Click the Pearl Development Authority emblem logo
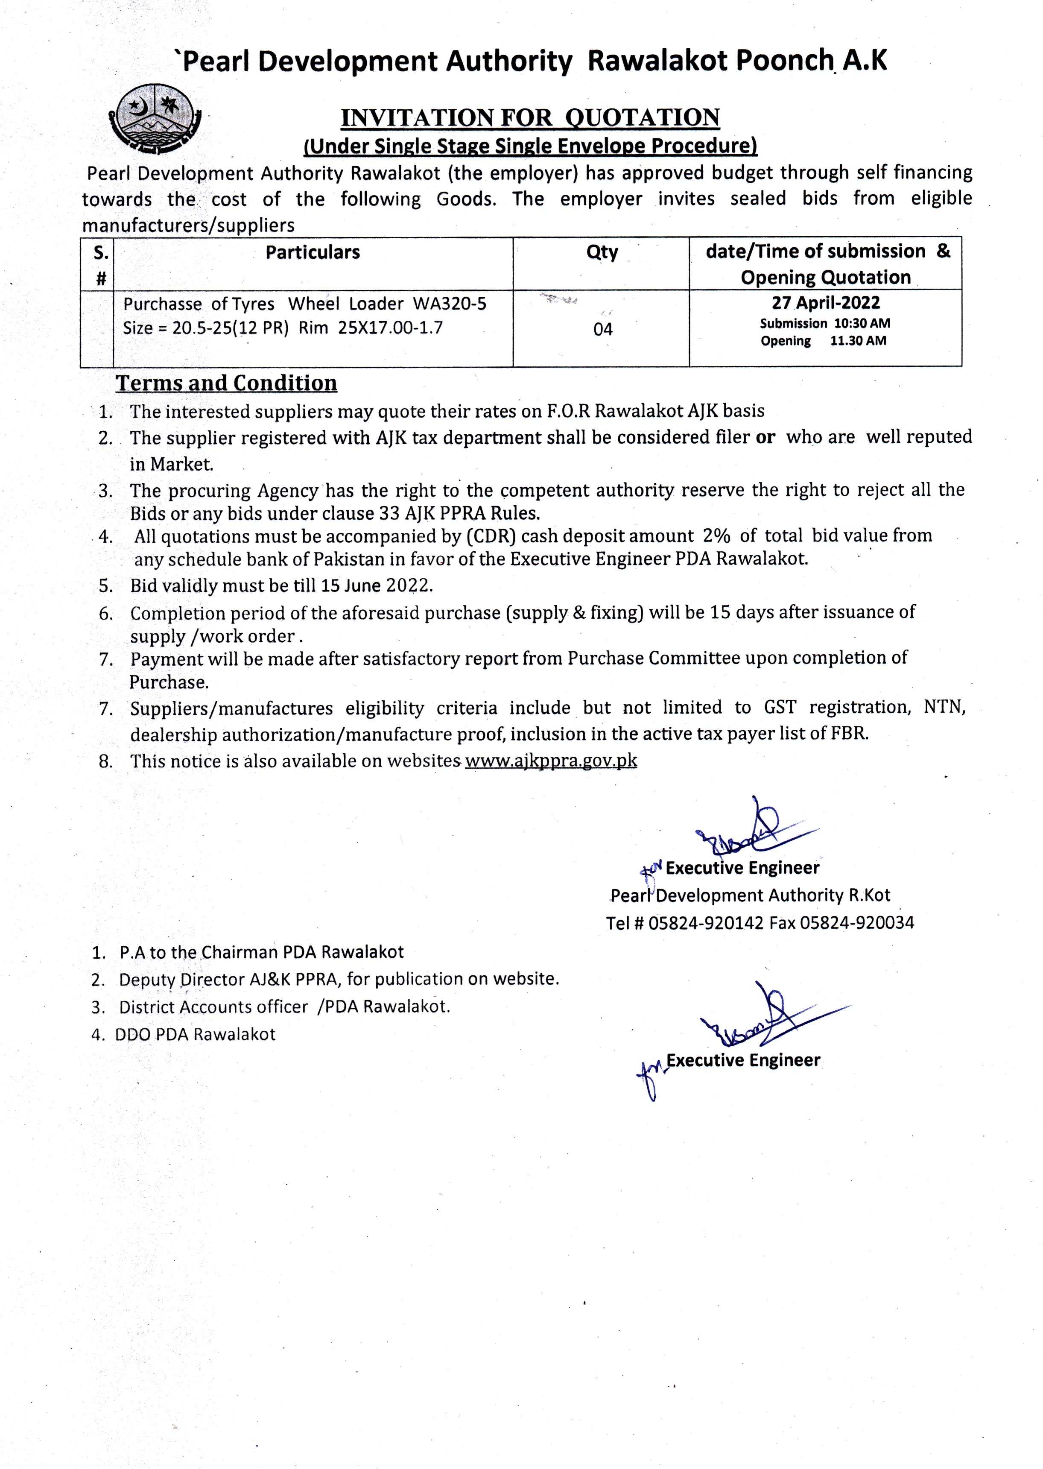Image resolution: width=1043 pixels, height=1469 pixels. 155,120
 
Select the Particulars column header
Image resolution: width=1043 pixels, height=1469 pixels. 313,252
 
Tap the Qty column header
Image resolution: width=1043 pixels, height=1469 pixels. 602,252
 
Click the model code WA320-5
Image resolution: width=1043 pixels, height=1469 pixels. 450,304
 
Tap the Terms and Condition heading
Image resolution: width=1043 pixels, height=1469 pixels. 226,383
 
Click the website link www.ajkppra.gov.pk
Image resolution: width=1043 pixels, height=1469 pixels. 551,761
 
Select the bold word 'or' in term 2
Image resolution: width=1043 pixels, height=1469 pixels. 765,437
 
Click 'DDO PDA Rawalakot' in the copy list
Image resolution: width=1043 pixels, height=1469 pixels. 195,1034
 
